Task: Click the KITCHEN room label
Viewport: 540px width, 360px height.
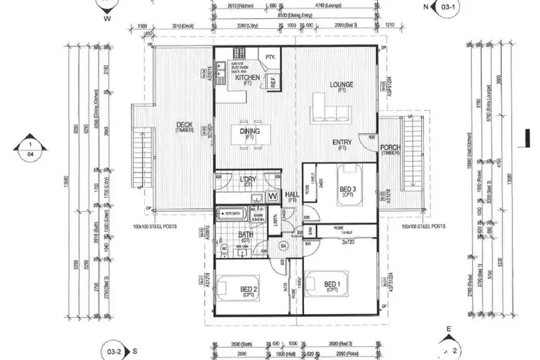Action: click(248, 78)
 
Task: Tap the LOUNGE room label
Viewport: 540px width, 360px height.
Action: click(342, 84)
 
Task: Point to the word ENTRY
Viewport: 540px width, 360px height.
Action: click(342, 142)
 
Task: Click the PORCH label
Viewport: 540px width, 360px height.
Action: click(390, 148)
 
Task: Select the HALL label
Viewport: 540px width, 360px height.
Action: click(292, 194)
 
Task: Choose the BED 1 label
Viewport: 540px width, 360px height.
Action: click(332, 283)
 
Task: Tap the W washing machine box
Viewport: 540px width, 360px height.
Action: click(274, 195)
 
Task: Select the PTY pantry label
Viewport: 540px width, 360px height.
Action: click(271, 56)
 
